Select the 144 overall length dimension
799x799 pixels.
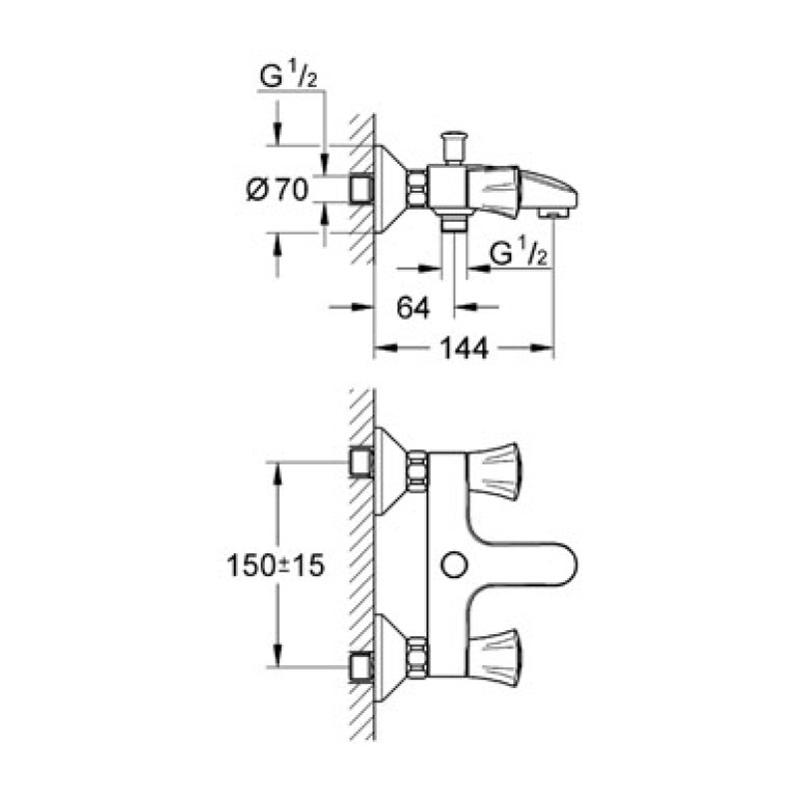coord(463,350)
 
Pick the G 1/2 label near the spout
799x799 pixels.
coord(518,256)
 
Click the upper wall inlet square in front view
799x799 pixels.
coord(362,462)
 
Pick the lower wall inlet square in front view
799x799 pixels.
coord(362,663)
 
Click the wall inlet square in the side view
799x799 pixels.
coord(362,188)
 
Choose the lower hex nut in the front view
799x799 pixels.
coord(416,658)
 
